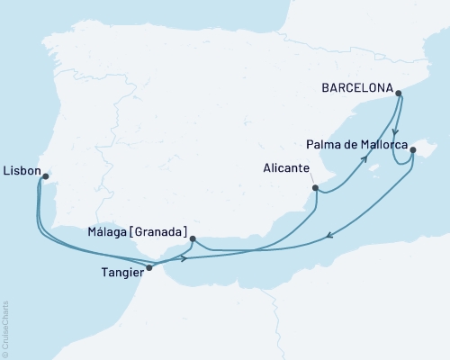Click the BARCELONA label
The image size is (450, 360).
click(358, 89)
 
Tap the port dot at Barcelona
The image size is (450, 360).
click(399, 91)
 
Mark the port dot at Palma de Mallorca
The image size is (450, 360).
click(413, 151)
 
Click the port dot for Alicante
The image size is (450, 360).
click(315, 188)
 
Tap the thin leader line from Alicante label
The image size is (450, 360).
click(309, 180)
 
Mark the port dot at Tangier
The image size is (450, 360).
click(148, 267)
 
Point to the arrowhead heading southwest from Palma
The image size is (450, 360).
click(329, 236)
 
